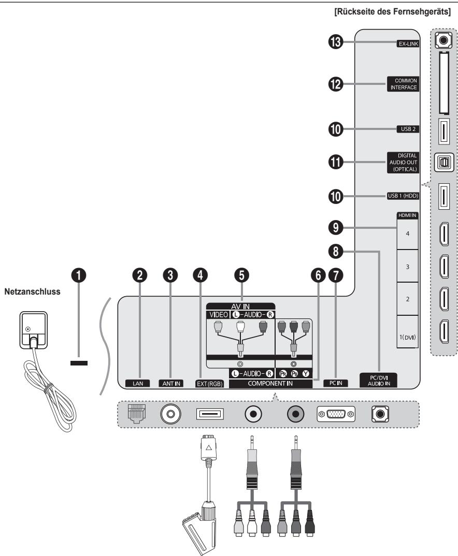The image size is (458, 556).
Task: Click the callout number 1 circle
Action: (x=79, y=276)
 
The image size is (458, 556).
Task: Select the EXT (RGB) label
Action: (x=209, y=384)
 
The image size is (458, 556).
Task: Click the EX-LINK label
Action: (x=405, y=45)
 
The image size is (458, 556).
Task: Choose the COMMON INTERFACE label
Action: (x=403, y=84)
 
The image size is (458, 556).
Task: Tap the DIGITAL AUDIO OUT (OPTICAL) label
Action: (x=403, y=162)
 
